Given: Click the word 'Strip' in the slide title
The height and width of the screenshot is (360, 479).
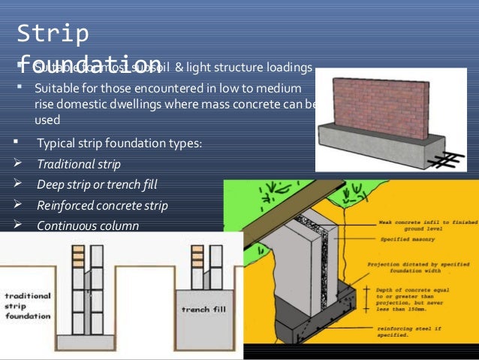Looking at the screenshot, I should [x=53, y=34].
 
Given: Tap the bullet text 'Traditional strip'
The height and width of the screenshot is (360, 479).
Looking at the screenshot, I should [x=78, y=164].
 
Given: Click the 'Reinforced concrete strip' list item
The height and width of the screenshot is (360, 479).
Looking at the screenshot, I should [x=102, y=204].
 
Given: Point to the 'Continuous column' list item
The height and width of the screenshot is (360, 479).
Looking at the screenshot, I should [x=87, y=225].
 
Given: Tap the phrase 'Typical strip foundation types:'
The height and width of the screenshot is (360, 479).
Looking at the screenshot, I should [x=119, y=143].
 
